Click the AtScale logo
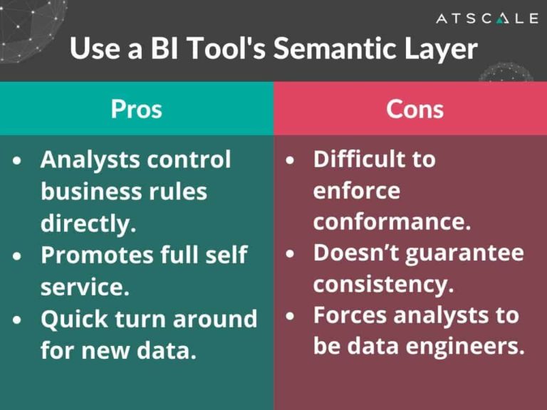coord(487,19)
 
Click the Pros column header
coord(136,108)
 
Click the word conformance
coord(392,222)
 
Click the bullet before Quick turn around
coord(18,320)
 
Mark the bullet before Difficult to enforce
coord(290,161)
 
